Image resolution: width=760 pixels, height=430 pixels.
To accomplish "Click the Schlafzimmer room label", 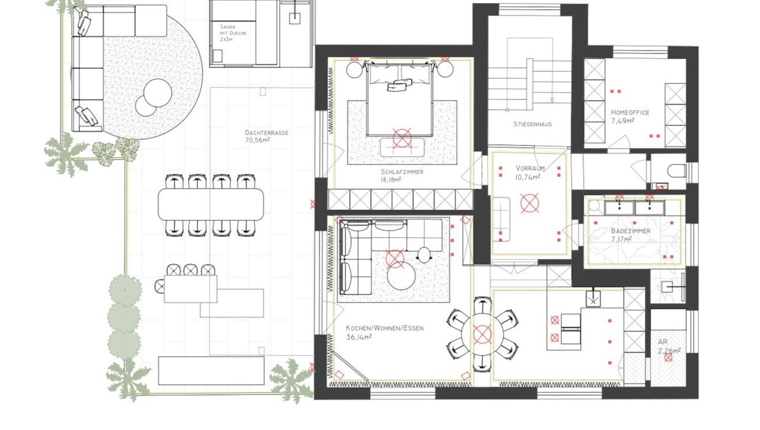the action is click(402, 172).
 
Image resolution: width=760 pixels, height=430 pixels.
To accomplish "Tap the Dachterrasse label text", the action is click(267, 133).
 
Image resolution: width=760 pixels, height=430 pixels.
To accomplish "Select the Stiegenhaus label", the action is click(532, 124).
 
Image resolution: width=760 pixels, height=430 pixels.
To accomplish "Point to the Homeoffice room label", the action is click(630, 112).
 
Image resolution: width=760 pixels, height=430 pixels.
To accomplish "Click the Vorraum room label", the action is click(530, 168).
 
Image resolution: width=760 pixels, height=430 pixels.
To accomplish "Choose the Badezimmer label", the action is click(631, 231).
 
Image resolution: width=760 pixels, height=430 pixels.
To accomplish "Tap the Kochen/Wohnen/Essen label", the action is click(385, 328).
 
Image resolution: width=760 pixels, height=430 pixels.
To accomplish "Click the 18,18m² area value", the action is click(391, 179).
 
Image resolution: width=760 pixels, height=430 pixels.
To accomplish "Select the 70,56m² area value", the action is click(257, 140).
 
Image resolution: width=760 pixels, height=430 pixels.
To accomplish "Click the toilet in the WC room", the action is click(676, 170).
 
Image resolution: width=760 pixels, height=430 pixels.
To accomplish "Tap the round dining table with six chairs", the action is click(482, 334).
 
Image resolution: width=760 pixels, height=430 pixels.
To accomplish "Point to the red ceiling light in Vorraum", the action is click(529, 203).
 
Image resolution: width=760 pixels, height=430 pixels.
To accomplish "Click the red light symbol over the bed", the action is click(402, 138).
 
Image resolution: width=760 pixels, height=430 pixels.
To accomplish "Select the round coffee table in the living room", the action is click(402, 276).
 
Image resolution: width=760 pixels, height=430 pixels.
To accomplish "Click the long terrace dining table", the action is click(211, 204).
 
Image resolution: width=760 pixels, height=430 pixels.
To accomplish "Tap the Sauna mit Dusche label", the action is click(233, 33).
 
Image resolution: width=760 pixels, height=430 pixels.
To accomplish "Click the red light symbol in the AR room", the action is click(668, 358).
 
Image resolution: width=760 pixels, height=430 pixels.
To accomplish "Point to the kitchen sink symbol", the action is click(593, 299).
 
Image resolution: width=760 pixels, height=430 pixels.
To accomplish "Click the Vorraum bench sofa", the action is click(502, 219).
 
